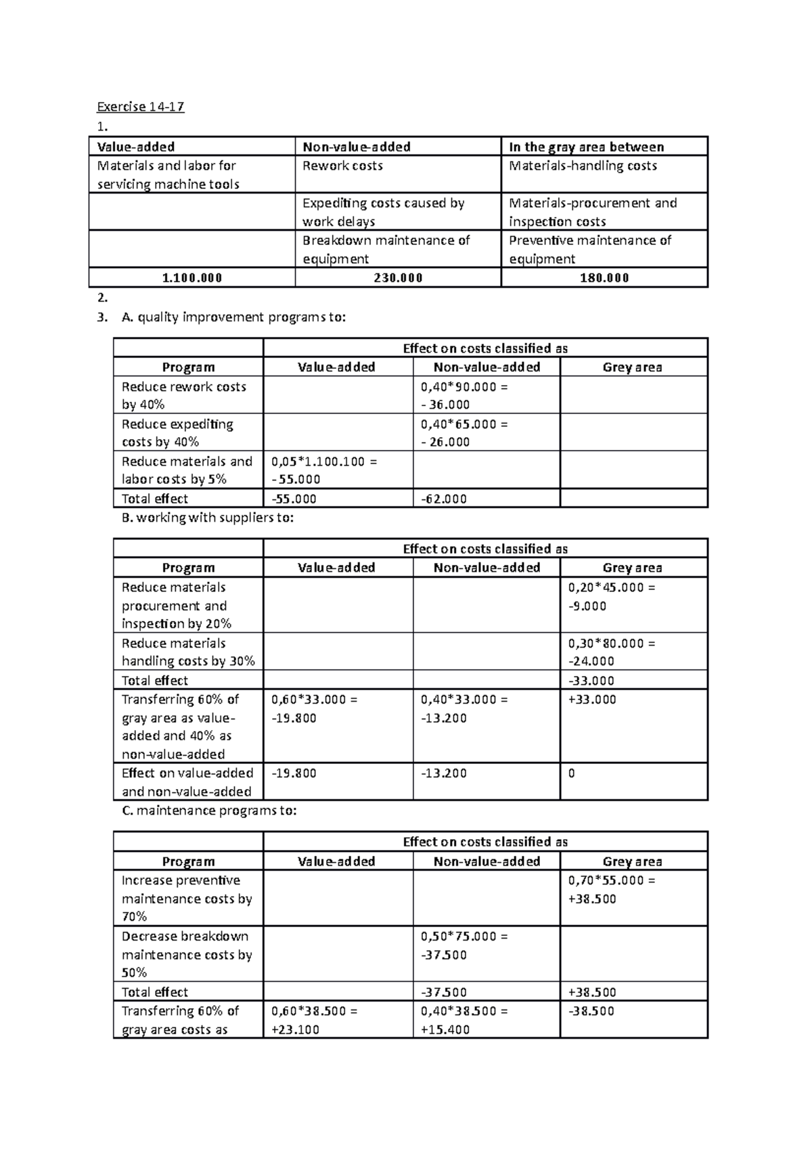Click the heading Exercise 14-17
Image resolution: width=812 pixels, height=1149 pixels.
pos(140,107)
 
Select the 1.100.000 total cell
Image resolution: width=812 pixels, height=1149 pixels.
pos(191,277)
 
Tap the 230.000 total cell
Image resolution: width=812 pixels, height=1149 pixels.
pos(398,277)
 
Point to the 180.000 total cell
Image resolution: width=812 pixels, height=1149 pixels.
pos(604,277)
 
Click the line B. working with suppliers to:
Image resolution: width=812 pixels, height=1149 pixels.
pos(208,518)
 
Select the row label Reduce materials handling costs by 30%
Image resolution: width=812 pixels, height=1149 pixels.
pos(187,652)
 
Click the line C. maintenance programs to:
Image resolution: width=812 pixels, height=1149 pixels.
pos(209,811)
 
